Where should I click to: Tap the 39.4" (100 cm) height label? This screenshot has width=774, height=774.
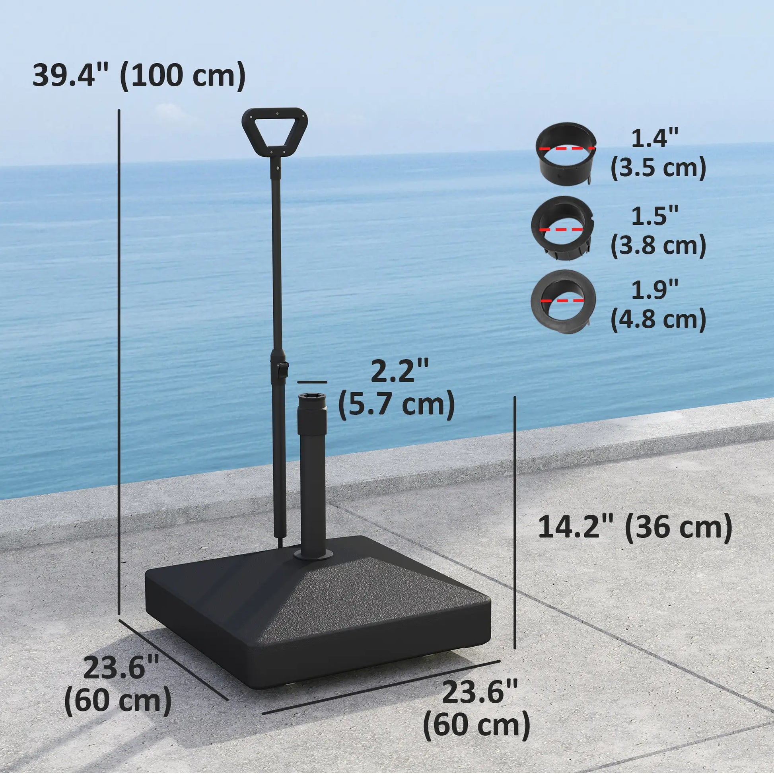point(139,75)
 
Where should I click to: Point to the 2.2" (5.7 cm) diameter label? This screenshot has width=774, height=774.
point(397,389)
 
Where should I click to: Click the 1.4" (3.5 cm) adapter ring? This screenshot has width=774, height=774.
point(566,154)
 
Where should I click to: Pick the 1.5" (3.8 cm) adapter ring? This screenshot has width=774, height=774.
point(562,228)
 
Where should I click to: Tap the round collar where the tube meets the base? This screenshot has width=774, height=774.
point(313,554)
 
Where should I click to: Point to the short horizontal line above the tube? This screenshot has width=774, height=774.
point(313,382)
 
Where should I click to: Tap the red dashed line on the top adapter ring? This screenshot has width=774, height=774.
point(566,148)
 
